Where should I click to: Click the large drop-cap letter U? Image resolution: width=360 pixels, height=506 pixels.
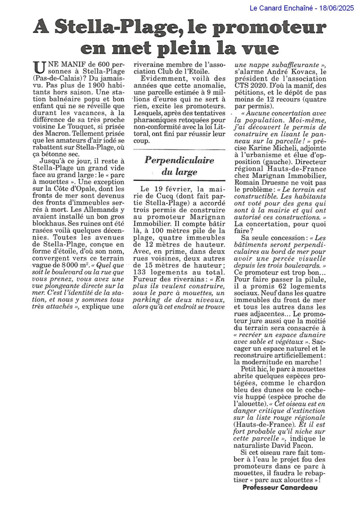click(38, 67)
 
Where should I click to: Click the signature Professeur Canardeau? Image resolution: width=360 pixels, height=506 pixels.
click(280, 487)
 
